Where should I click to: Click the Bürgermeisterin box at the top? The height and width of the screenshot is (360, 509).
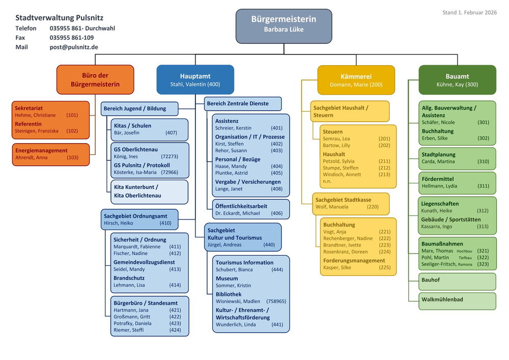coord(284,25)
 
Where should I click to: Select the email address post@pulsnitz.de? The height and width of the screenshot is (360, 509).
coord(74,47)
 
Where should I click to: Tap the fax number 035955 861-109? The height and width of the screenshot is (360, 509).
coord(72,38)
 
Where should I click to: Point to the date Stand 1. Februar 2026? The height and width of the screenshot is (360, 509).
coord(469,12)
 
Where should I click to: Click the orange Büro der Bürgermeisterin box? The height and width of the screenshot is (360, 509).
coord(95,79)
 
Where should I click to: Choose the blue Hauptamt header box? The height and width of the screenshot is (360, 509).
coord(195,79)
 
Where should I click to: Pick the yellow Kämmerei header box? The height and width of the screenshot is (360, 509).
coord(356,80)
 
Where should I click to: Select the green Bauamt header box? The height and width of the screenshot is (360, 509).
coord(457,80)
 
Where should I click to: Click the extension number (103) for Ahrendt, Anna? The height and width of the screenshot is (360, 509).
coord(73,158)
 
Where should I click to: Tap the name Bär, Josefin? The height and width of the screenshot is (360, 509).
coord(126,133)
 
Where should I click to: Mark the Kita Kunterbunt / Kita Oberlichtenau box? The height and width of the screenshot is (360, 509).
coord(149,191)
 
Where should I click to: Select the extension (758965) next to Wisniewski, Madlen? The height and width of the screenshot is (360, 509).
coord(276,301)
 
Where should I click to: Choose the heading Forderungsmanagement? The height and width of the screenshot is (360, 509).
coord(354,261)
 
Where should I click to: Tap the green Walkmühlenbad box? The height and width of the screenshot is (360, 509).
coord(457,301)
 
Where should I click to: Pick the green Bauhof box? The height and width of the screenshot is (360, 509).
coord(457,281)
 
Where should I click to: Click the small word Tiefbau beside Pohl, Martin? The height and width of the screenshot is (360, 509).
coord(465,258)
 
